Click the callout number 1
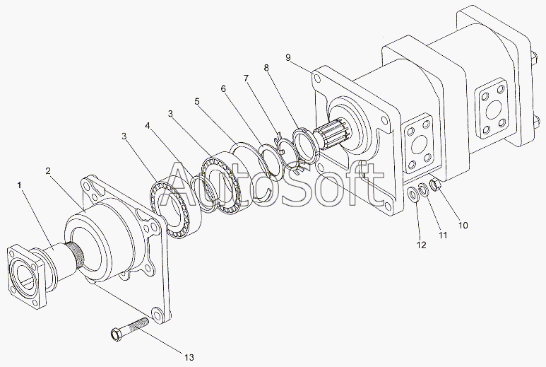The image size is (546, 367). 20,185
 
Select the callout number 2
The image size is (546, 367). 48,171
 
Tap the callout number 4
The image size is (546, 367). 148,126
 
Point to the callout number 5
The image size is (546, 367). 197,102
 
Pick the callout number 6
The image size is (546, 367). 223,89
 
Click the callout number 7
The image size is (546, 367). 247,78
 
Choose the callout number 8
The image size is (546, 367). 267,68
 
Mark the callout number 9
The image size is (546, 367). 288,57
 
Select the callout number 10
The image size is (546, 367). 463,226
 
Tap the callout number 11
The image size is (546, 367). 443,235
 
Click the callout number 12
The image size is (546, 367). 422,245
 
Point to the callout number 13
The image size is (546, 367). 189,357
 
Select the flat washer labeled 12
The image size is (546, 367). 414,194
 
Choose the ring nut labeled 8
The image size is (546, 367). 304,146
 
